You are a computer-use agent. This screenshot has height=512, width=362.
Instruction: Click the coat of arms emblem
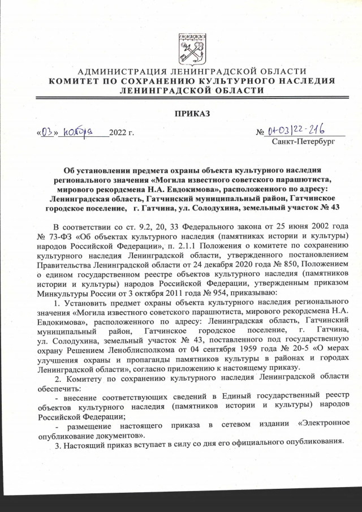pyautogui.click(x=192, y=49)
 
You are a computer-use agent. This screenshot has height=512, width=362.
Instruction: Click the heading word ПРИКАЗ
pyautogui.click(x=192, y=114)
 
